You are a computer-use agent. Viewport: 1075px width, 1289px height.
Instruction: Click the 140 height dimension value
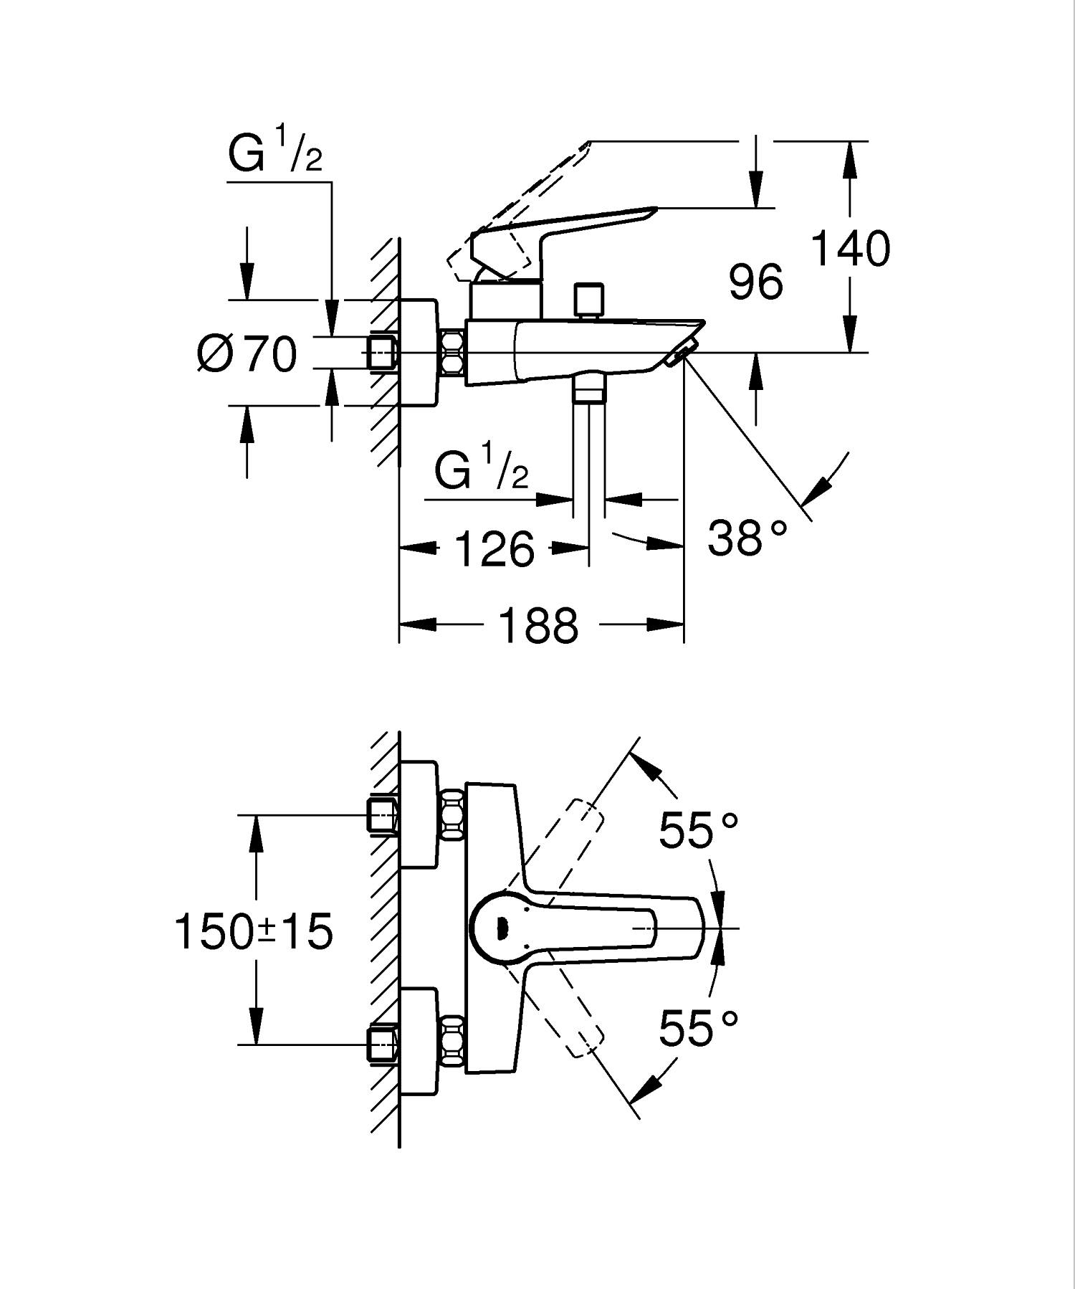click(x=851, y=249)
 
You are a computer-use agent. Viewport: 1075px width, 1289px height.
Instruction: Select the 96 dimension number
click(x=755, y=282)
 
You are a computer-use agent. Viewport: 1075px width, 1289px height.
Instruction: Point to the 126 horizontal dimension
click(x=494, y=550)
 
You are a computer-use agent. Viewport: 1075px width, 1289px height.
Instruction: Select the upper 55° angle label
click(x=697, y=830)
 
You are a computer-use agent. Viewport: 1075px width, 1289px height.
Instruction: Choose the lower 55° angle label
click(x=697, y=1029)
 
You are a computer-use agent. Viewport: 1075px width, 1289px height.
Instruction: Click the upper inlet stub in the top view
click(x=381, y=817)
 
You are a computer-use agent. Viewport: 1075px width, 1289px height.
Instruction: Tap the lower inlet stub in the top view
click(x=381, y=1045)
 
